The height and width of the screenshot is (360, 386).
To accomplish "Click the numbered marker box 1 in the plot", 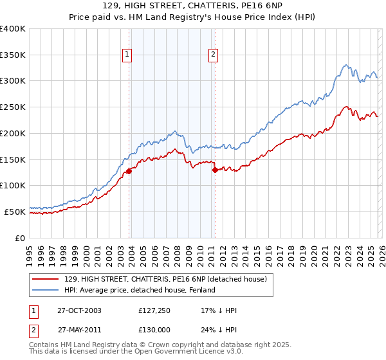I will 128,55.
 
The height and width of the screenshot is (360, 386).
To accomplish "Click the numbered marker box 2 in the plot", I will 213,55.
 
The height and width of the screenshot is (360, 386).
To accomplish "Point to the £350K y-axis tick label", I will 13,55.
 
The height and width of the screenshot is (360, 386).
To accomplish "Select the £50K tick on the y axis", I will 15,212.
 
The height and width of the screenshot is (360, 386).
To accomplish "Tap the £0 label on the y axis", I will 19,238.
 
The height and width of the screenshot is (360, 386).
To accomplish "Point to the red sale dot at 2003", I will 129,171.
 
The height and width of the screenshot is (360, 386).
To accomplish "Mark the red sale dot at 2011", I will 215,170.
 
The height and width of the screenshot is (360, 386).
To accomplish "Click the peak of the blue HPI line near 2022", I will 346,64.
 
